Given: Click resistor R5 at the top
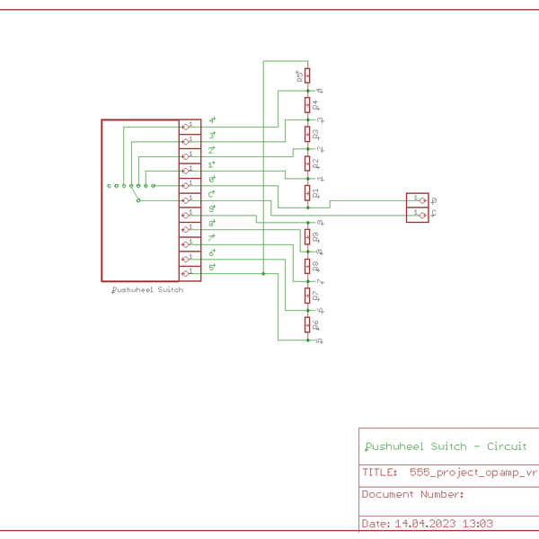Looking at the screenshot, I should pos(307,75).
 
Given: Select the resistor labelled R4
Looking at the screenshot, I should pos(307,104).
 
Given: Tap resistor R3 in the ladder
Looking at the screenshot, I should pos(307,134).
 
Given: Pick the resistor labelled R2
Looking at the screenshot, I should pos(307,163).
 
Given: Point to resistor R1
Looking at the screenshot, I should pos(307,192).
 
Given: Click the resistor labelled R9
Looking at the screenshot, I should pos(307,236).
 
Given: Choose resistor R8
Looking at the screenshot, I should pos(307,266).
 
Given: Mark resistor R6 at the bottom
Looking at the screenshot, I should pos(307,324).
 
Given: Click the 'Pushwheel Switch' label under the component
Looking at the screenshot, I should pos(146,290).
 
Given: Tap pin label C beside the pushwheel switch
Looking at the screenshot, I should pos(211,193).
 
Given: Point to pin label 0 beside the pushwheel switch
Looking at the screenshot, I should pos(211,179).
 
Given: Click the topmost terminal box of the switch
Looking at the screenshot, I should pos(190,127).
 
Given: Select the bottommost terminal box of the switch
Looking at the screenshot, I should pos(190,273).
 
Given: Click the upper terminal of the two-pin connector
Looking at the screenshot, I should pos(418,200).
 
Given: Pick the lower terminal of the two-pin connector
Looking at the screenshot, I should pos(418,215).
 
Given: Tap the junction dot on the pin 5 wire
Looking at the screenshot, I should pos(263,273).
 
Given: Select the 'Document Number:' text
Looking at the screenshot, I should pos(412,494).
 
